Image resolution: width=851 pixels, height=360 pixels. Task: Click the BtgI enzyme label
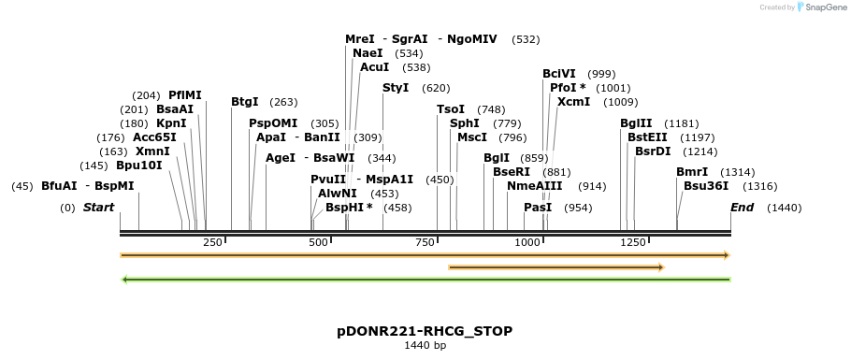tap(245, 102)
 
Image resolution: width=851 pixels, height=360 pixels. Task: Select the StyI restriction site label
tap(396, 88)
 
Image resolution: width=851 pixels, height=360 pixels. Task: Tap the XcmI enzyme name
tap(573, 102)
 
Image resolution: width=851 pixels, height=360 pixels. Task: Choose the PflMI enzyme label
tap(185, 95)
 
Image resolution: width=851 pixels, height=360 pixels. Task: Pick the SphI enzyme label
tap(465, 123)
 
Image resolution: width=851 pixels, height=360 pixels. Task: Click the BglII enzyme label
tap(636, 123)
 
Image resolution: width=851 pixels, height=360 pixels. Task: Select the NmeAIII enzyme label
tap(535, 186)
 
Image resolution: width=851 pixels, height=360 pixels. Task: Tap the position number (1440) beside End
tap(784, 208)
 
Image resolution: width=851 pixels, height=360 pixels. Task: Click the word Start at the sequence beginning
tap(98, 208)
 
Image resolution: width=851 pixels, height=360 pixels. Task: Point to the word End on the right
tap(742, 208)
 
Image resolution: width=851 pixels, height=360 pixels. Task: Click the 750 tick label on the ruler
tap(425, 242)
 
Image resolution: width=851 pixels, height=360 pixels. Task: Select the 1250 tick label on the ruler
tap(633, 242)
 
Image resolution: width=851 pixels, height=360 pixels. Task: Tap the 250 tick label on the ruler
tap(212, 242)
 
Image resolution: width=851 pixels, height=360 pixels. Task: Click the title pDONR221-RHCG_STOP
tap(425, 331)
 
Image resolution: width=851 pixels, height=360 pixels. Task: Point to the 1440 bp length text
tap(425, 346)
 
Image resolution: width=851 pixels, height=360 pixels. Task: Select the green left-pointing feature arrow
tap(425, 279)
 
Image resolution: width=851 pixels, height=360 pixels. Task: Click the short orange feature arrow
tap(555, 267)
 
